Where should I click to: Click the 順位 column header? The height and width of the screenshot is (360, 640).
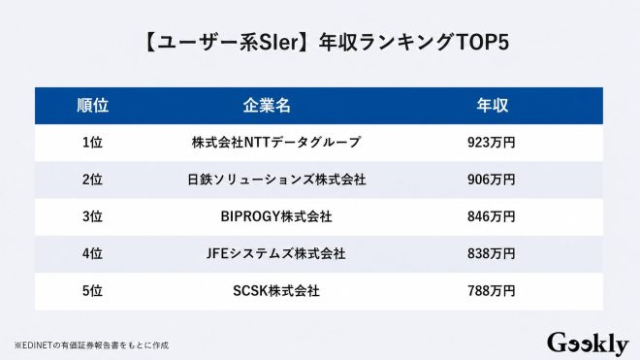pos(93,106)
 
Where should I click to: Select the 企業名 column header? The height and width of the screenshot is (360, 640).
pos(267,106)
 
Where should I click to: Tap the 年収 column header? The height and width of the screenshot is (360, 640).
pos(493,106)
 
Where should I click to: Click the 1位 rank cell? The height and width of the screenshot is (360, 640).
pos(93,143)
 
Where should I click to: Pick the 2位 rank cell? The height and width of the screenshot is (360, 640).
pos(93,180)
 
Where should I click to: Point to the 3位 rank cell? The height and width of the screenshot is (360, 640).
pos(93,216)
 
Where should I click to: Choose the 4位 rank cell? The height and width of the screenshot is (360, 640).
pos(93,253)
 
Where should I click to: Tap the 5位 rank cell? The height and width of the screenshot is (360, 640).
pos(93,290)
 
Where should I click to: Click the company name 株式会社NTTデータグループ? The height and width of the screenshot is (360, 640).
pos(276,143)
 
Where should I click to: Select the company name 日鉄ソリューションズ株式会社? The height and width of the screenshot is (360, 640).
pos(276,180)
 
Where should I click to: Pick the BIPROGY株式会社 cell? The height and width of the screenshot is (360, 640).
pos(276,216)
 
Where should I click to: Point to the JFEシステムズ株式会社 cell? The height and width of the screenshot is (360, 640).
pos(276,253)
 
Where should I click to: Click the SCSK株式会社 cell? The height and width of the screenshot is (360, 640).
pos(276,290)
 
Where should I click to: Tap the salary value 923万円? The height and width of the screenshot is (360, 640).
pos(492,143)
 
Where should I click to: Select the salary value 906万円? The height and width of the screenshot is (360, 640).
pos(492,180)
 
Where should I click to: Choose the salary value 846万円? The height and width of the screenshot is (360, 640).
pos(492,216)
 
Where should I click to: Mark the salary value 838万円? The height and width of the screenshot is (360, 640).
pos(492,253)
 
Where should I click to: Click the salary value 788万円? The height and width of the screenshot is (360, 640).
pos(492,290)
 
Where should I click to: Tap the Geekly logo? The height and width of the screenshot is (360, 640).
pos(588,344)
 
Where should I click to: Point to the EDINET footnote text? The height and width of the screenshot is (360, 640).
pos(91,345)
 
